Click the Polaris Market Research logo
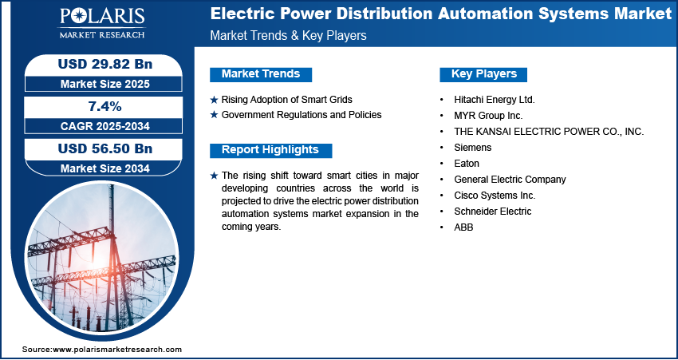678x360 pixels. click(102, 23)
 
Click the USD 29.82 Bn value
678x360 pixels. click(105, 64)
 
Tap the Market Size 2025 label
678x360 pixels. click(105, 84)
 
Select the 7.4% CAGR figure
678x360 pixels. click(105, 106)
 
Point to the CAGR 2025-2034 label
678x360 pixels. click(105, 126)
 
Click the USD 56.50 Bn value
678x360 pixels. click(105, 148)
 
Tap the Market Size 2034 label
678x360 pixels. click(105, 168)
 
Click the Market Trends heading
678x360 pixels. click(261, 74)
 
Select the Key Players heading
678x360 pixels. click(484, 74)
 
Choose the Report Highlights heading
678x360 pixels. click(270, 150)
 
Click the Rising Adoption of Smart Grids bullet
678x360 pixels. click(286, 100)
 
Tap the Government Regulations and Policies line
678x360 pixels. click(302, 115)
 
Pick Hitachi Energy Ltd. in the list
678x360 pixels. click(495, 100)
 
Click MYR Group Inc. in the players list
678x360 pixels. click(488, 116)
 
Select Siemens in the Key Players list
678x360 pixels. click(473, 147)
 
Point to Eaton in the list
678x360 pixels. click(467, 163)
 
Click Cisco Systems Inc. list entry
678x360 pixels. click(495, 195)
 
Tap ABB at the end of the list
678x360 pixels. click(463, 227)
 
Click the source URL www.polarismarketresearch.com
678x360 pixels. click(117, 349)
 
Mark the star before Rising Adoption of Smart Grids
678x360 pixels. click(214, 100)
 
